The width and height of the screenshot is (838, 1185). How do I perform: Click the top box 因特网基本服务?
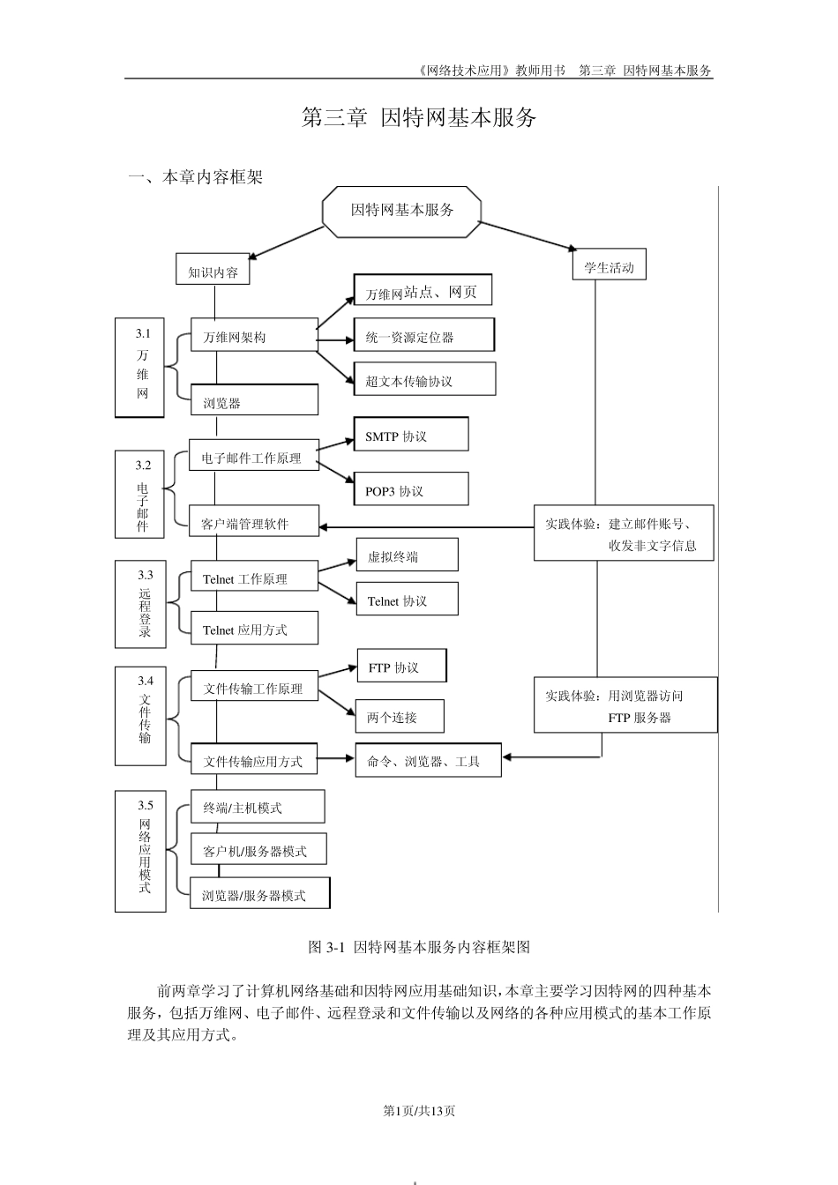(401, 211)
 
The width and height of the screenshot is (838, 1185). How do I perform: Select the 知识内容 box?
(213, 272)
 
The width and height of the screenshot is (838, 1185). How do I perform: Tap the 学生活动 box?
(609, 266)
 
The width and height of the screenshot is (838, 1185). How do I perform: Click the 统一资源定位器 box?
(423, 336)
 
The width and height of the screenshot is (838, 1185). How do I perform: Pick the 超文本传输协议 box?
(424, 380)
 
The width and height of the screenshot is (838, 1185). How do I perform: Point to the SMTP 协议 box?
(410, 436)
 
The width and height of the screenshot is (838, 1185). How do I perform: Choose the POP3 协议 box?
(410, 490)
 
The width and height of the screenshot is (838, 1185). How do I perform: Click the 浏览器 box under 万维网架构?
(254, 402)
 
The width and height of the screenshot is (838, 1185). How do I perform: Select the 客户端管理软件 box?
(254, 523)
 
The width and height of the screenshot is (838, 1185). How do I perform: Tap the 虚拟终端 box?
(406, 556)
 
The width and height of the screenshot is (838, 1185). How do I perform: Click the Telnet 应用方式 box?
(254, 630)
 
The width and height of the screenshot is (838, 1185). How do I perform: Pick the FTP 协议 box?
(401, 667)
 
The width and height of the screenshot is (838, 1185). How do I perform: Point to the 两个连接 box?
(399, 717)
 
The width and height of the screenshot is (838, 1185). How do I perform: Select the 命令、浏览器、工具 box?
(428, 761)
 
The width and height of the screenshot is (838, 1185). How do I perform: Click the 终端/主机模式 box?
(257, 807)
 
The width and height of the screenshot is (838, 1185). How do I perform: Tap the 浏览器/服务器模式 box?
(259, 894)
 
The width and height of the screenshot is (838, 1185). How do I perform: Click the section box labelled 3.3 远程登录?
(140, 604)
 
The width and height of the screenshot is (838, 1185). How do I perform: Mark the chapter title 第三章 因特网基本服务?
(419, 117)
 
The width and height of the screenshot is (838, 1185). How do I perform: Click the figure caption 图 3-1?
(419, 947)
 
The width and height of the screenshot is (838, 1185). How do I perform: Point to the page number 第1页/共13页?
(419, 1110)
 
